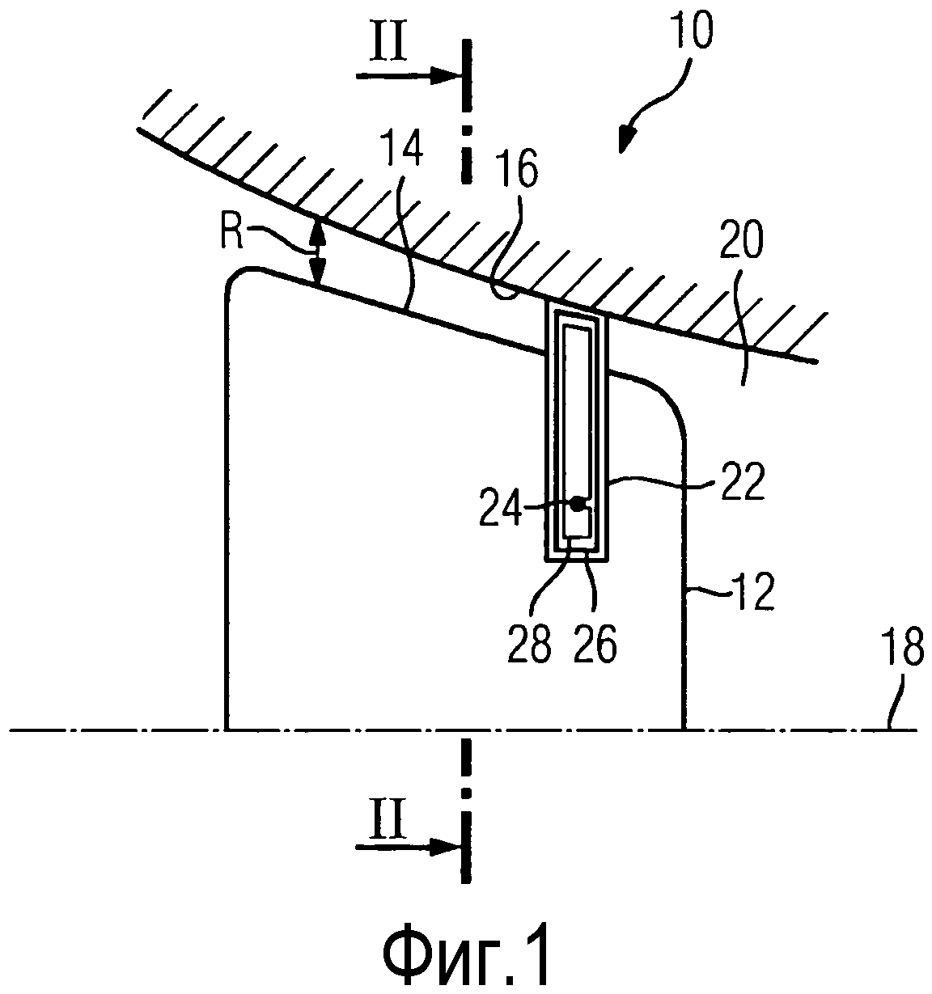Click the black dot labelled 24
coord(576,503)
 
